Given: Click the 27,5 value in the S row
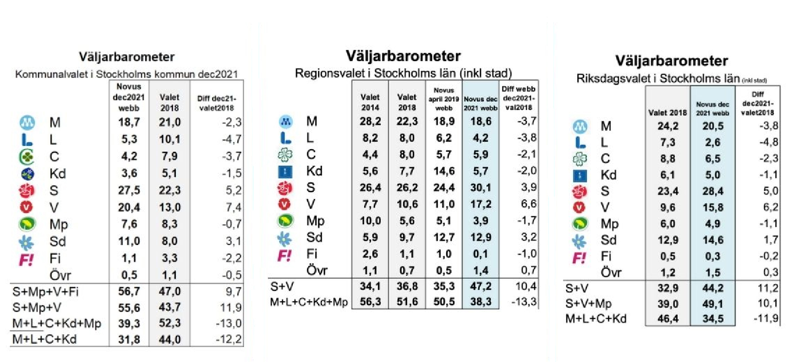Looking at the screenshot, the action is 129,190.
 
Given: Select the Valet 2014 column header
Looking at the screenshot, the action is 370,102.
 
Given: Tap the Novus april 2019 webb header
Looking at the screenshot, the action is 444,99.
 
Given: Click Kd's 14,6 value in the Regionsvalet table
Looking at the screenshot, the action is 444,171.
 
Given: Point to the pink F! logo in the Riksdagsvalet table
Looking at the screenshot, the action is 579,257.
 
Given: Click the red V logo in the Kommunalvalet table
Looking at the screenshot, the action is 26,207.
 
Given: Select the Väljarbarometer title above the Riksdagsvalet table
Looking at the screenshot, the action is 672,61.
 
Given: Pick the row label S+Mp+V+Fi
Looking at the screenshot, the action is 46,292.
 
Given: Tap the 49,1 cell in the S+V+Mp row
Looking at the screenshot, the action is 713,304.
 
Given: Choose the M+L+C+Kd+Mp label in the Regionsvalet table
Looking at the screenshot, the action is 309,302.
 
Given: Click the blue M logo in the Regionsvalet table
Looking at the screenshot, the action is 286,121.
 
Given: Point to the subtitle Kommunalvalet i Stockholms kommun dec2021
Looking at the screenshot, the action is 126,74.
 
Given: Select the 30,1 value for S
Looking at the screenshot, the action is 480,187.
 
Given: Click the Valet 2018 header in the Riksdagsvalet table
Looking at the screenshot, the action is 667,113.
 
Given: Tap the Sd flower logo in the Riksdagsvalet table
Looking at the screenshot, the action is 579,241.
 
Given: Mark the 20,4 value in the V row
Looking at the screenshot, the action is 129,207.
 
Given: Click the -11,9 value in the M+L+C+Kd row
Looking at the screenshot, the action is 766,318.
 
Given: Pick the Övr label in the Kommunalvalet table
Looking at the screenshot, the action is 60,275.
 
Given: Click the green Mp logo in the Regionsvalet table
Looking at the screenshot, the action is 285,221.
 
